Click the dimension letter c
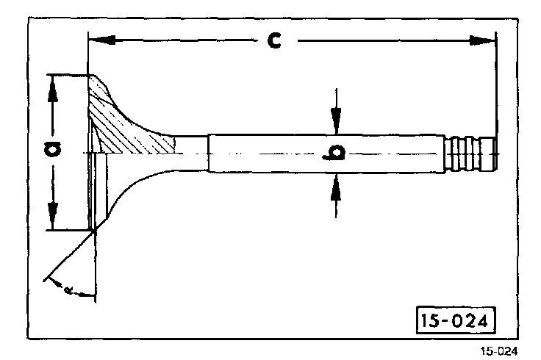coord(273,40)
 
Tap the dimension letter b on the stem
coord(337,153)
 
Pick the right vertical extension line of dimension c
coord(496,88)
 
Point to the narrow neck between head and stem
coord(191,153)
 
